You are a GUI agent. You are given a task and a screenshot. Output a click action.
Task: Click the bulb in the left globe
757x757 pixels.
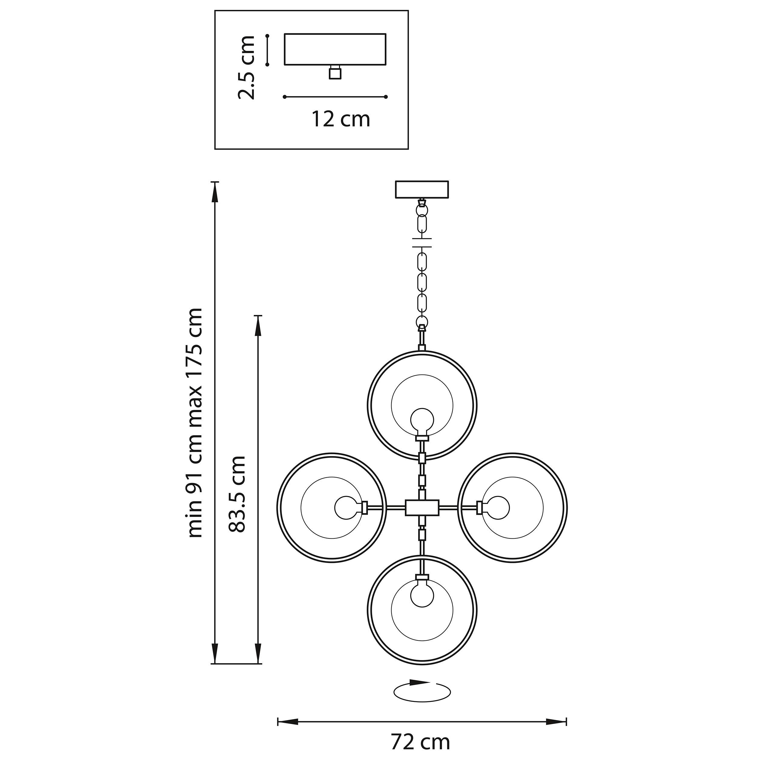pyautogui.click(x=346, y=508)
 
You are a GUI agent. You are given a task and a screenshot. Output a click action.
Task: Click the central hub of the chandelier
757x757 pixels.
pyautogui.click(x=422, y=507)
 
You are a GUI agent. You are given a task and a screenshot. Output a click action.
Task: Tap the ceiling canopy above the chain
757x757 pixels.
pyautogui.click(x=422, y=189)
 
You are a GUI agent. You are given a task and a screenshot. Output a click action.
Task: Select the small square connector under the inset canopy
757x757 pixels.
pyautogui.click(x=335, y=73)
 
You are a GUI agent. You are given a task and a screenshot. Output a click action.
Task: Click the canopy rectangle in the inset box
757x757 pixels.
pyautogui.click(x=335, y=49)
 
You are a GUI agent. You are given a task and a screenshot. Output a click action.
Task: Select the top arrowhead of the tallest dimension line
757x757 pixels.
pyautogui.click(x=214, y=192)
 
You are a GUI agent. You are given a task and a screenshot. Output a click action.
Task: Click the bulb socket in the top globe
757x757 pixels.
pyautogui.click(x=422, y=438)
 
